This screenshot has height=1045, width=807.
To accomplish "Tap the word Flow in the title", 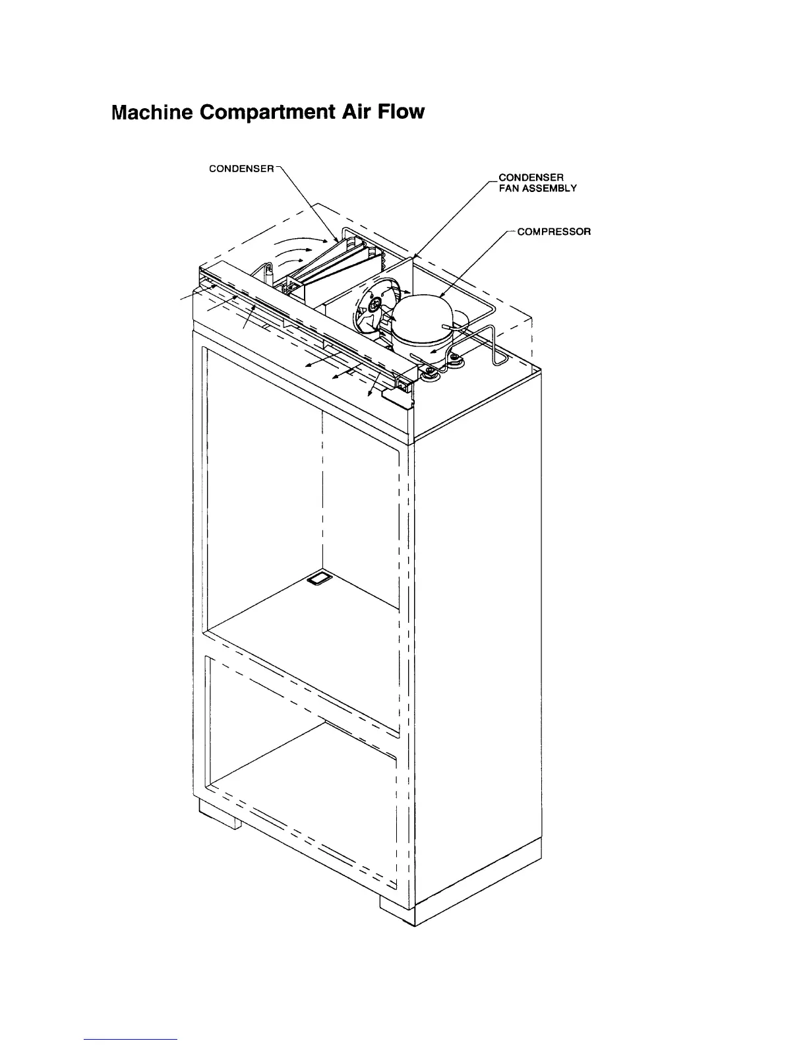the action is click(402, 112).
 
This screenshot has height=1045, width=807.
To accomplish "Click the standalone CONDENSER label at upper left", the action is click(241, 168).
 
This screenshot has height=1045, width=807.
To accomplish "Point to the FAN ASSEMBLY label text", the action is click(537, 188).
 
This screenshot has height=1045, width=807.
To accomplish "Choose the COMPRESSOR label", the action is click(554, 232).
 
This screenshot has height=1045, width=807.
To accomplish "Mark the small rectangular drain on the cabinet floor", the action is click(320, 579).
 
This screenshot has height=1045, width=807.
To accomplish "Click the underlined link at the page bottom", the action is click(131, 1039).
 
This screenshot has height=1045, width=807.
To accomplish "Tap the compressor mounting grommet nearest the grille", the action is click(429, 374).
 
